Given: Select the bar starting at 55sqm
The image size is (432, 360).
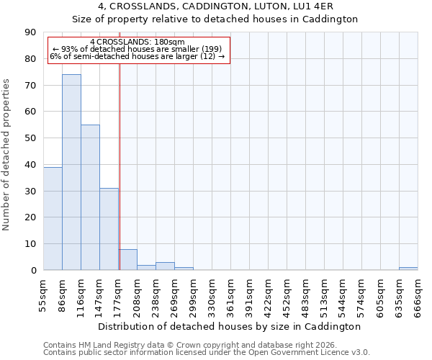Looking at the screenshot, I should pos(53,218).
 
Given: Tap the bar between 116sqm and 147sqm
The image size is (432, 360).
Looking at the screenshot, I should pos(90,197).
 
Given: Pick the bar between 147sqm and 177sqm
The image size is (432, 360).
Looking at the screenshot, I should pos(109,229).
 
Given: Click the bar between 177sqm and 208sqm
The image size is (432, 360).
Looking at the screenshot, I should pos(127,260).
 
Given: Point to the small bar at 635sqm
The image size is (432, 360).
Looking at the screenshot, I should pos(408,269).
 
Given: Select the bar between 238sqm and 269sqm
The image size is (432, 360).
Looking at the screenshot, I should pos(165,266).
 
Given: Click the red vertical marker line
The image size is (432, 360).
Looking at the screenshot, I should pos(120,166).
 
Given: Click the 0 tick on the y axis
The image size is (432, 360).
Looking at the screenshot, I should pos(34,271).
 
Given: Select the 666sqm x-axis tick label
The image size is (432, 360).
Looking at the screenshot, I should pos(418,295).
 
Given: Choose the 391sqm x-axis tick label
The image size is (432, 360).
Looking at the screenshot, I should pos(249,295).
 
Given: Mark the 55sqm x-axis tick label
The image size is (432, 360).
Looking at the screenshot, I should pos(43,295).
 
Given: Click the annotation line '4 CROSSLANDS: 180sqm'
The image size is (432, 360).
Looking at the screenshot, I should pos(138,42).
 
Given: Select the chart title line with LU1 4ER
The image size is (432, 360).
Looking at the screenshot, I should pos(215,6).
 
